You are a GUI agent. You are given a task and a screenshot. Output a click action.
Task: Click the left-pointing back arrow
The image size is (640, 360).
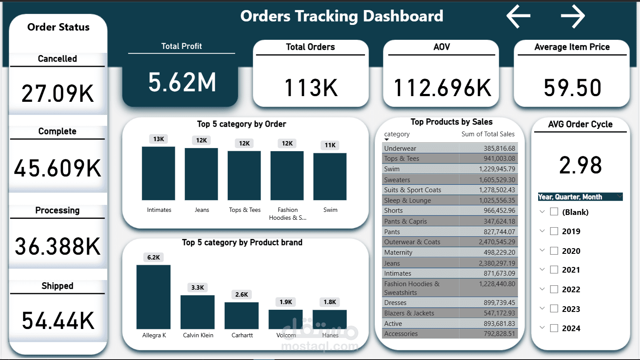pos(518,17)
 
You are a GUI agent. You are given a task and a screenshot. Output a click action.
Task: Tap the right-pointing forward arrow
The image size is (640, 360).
pos(573,17)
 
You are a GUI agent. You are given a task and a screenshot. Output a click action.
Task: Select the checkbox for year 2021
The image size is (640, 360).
pos(554,270)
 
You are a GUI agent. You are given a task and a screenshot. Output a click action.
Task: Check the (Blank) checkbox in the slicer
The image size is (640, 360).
pos(554,212)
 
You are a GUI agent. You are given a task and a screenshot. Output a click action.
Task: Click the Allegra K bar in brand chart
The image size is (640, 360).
pos(153,297)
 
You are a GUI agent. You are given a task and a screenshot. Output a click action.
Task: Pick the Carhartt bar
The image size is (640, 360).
pos(241,315)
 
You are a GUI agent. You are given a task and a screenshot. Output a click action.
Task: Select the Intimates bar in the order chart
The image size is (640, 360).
pos(158,173)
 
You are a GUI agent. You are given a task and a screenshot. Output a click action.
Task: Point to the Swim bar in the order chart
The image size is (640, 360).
pos(330,177)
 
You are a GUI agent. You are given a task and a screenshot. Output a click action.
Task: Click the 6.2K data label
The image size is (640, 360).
pos(153,257)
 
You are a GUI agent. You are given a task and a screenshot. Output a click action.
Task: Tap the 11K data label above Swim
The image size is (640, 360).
pos(330,145)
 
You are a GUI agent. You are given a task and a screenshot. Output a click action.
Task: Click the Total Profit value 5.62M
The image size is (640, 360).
pos(182,82)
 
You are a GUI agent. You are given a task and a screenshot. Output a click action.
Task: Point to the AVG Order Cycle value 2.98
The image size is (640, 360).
pos(581,165)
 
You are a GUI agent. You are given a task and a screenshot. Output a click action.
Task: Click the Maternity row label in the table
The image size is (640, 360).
pos(398,253)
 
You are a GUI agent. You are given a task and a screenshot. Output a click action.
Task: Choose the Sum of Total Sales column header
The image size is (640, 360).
pos(488,134)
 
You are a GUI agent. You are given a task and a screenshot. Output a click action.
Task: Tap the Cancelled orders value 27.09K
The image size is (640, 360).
pos(58,93)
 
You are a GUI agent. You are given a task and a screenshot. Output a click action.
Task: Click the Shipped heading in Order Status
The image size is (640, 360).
pos(57,286)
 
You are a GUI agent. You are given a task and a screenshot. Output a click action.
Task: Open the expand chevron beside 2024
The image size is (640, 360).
pos(542,328)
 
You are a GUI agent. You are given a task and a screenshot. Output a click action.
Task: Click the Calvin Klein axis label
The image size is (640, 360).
pos(198,336)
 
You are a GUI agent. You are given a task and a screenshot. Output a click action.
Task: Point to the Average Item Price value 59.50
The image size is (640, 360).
pos(572,88)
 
